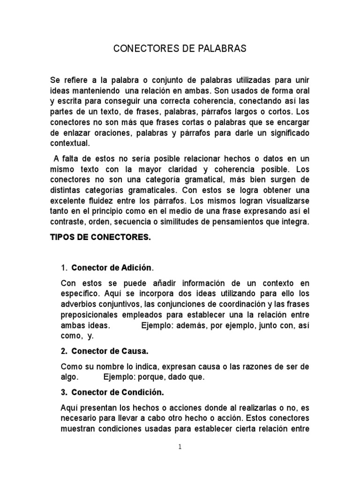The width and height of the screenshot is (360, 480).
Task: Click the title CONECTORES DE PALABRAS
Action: [180, 49]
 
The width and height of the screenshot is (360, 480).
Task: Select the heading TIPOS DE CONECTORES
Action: [100, 238]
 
